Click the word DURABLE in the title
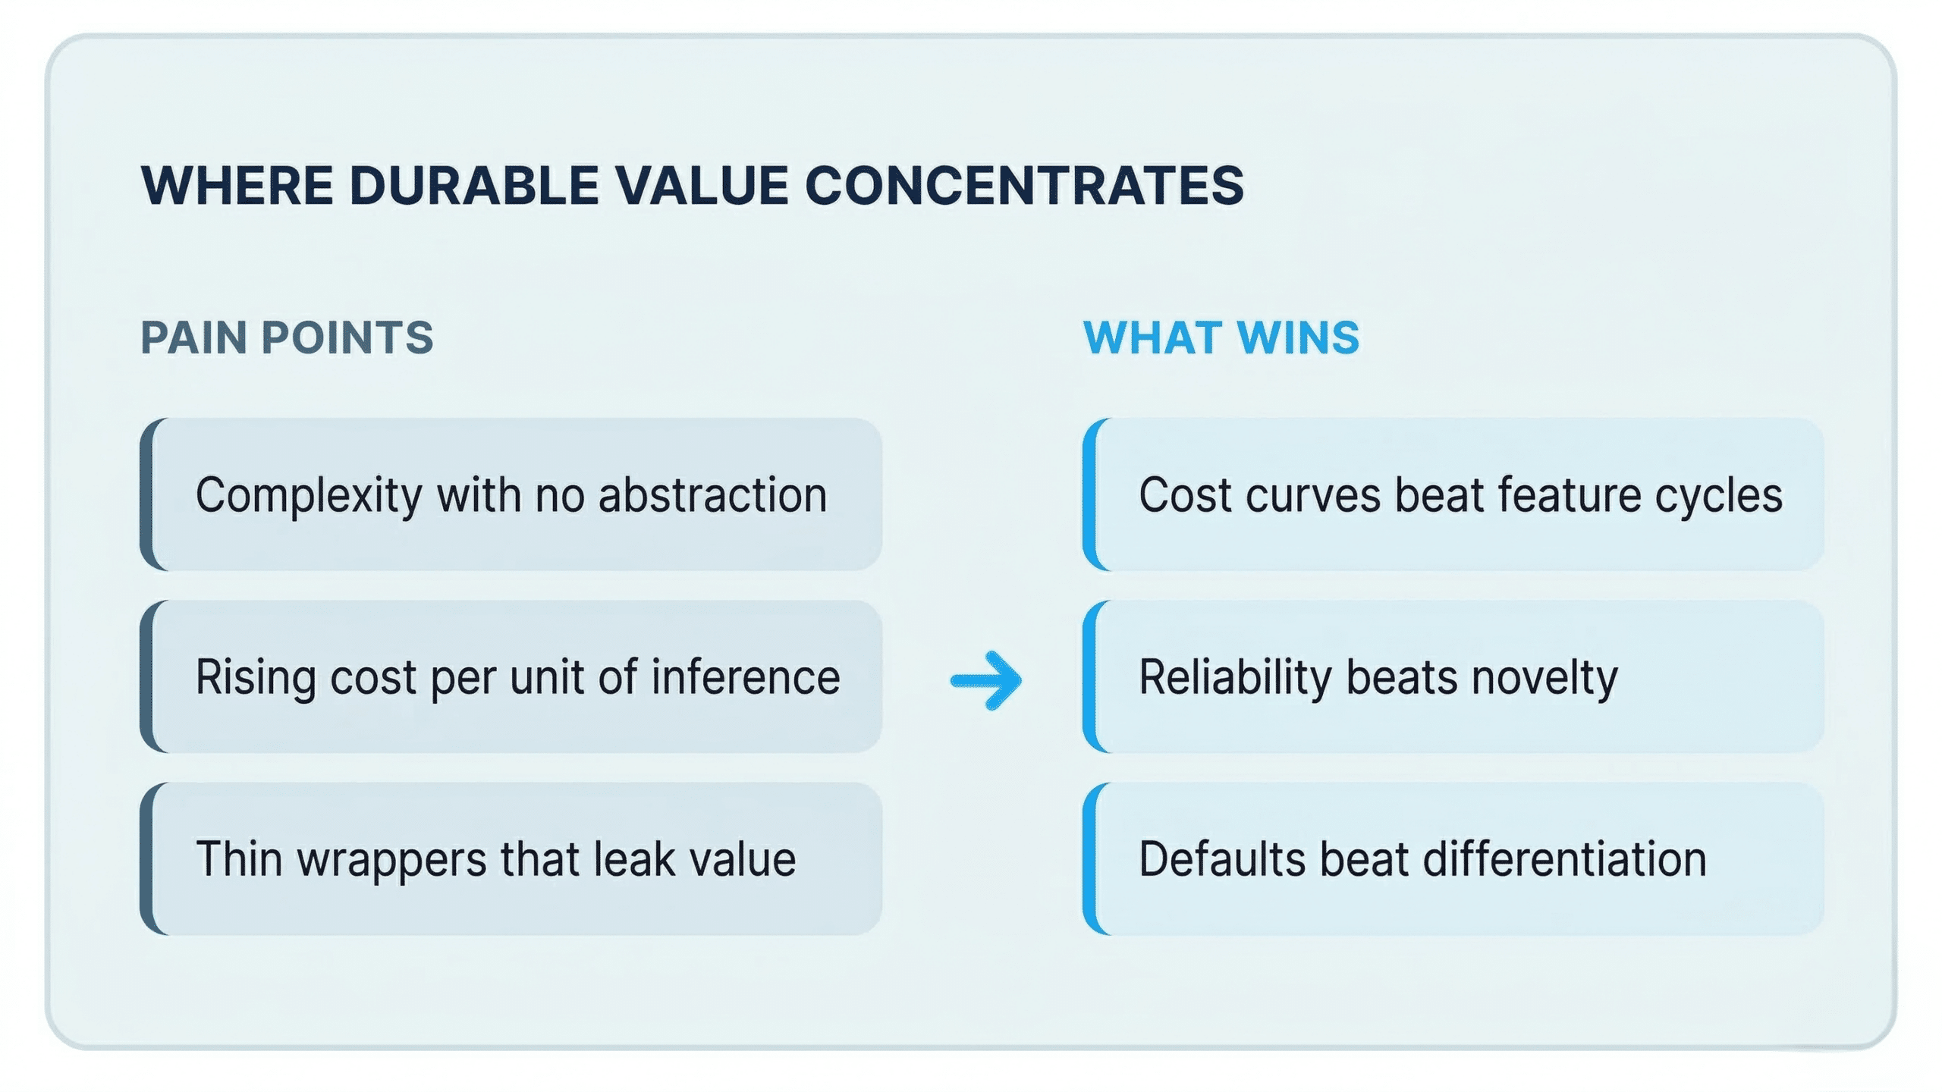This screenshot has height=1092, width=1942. tap(474, 185)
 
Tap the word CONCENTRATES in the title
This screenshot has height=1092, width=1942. tap(1024, 185)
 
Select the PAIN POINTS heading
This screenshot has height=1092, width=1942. tap(287, 337)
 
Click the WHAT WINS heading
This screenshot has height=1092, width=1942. tap(1221, 337)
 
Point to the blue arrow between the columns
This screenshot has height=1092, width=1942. tap(986, 680)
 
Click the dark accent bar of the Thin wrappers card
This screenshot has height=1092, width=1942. tap(148, 858)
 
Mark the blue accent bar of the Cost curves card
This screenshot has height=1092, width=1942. tap(1090, 494)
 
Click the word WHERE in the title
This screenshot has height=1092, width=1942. tap(237, 185)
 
